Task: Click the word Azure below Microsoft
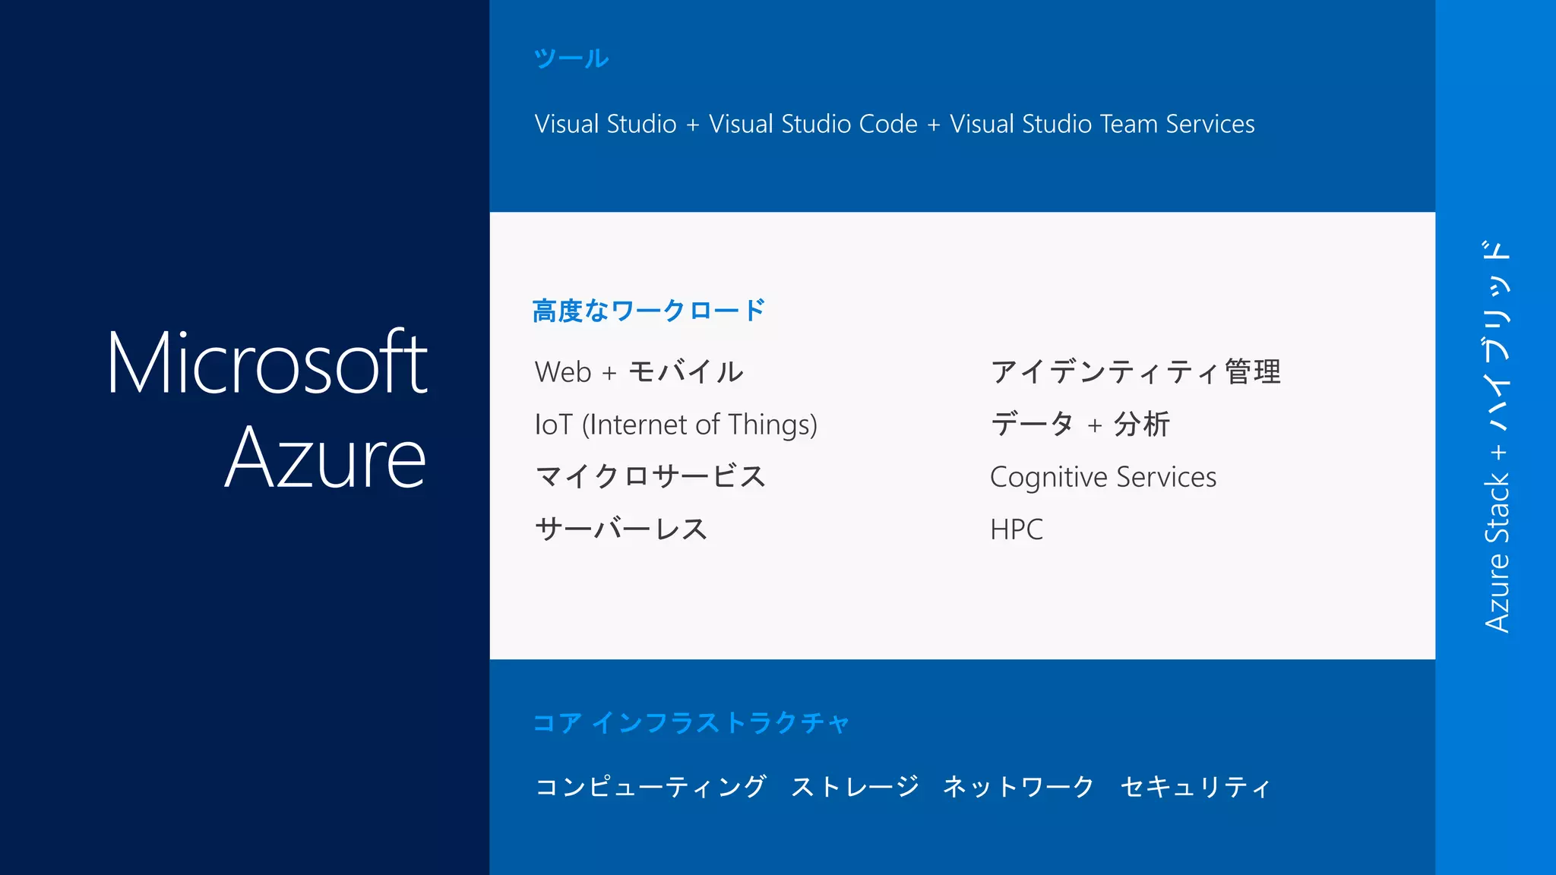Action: (x=325, y=458)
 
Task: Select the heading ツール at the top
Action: (x=571, y=58)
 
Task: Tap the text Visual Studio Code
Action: (x=813, y=124)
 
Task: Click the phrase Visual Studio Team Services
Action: (x=1102, y=124)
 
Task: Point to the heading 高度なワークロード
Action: (x=648, y=311)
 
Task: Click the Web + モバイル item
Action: (x=638, y=372)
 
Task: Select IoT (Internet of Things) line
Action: (x=675, y=425)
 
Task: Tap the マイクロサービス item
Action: (x=650, y=477)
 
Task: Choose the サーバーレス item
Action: (x=621, y=529)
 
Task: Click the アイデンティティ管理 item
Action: (x=1135, y=372)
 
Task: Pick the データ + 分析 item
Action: (x=1080, y=425)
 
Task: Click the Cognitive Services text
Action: (x=1102, y=477)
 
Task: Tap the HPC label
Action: (x=1016, y=529)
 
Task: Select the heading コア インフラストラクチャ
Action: (x=691, y=722)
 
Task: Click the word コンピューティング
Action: (x=650, y=787)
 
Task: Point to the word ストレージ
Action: (x=855, y=787)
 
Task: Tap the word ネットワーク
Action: (x=1018, y=787)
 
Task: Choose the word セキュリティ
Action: (x=1195, y=787)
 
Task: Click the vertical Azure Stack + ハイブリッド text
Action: (x=1497, y=437)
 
